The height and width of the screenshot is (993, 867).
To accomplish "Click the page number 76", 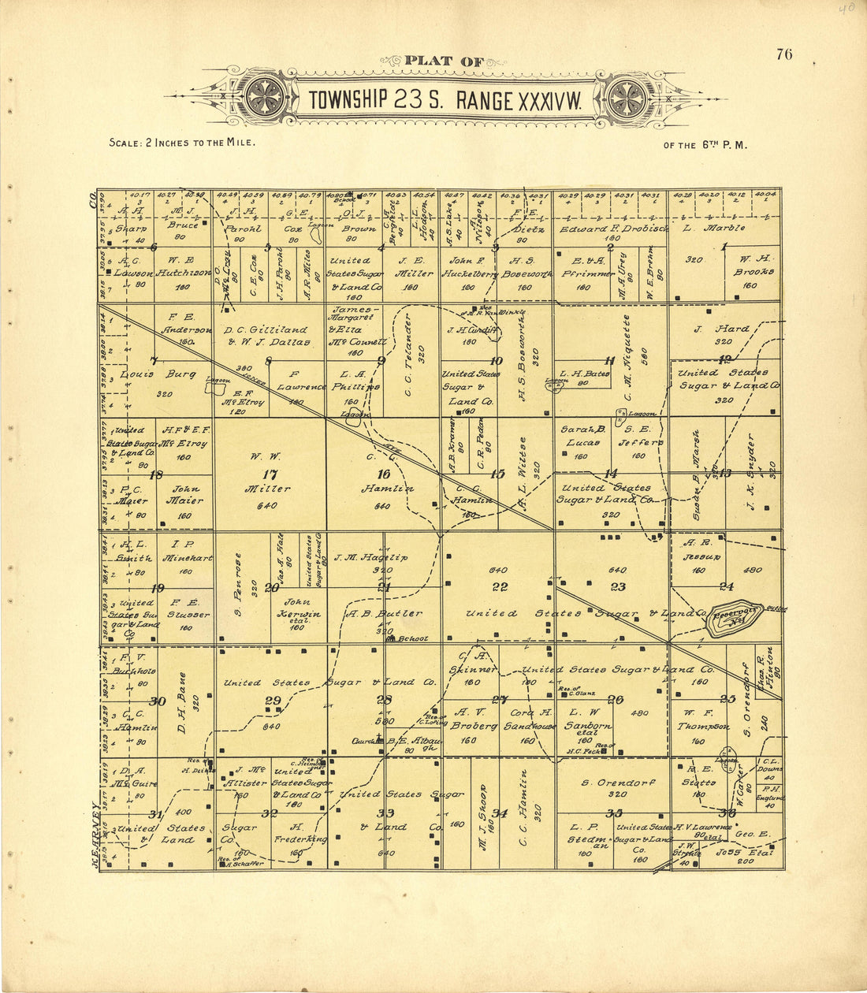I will tap(783, 54).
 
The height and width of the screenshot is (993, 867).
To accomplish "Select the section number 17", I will tap(270, 474).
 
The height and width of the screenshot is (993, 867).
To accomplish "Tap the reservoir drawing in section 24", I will tap(735, 619).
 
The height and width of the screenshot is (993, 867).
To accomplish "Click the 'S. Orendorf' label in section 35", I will tap(609, 783).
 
